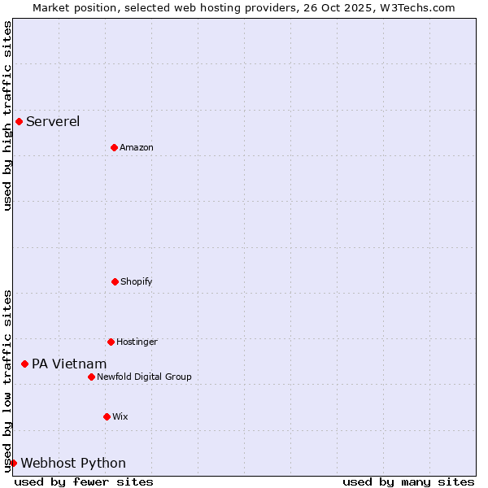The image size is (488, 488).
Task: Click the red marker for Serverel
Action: [19, 122]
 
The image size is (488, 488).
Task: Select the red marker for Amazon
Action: [115, 147]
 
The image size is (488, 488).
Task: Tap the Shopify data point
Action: [115, 281]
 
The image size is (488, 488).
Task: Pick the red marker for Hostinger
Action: [111, 342]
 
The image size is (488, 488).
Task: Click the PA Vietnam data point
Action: [24, 364]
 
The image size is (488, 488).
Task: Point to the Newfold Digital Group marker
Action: [91, 377]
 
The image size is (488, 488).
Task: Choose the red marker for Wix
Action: [107, 416]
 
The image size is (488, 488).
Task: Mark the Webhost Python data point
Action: [13, 463]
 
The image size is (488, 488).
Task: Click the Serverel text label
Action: [53, 122]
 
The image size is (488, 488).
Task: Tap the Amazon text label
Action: [137, 148]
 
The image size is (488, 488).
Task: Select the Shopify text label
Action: [137, 282]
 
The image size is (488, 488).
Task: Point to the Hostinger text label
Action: [137, 342]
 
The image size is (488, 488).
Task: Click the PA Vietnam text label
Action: [69, 364]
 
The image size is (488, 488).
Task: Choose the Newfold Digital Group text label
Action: [145, 377]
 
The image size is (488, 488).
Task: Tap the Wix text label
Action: [120, 417]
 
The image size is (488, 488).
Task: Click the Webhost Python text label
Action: [73, 464]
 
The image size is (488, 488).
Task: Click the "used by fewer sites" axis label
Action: [84, 481]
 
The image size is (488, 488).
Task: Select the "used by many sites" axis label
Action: [408, 481]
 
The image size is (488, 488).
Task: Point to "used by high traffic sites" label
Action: [7, 115]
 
